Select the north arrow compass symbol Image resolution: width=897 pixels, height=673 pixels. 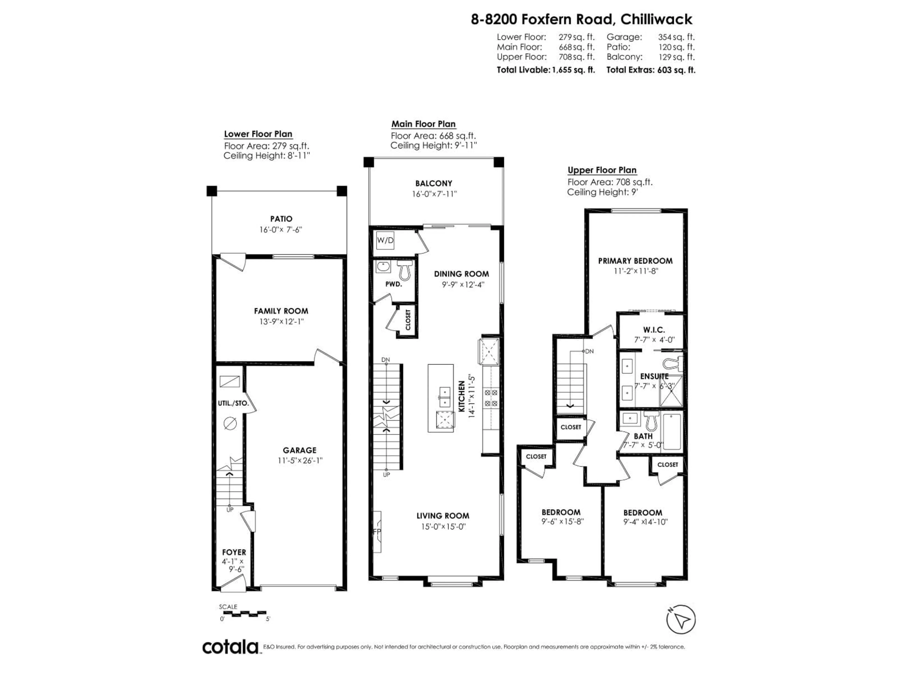[x=681, y=619]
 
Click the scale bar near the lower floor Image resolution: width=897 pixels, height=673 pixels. [x=242, y=613]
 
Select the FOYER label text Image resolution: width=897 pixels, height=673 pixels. [x=234, y=552]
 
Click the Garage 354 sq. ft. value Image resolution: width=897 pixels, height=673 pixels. [x=676, y=37]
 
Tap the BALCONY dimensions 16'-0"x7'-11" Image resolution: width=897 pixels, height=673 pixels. [x=434, y=194]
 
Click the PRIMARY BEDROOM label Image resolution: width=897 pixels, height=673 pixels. [x=635, y=261]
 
